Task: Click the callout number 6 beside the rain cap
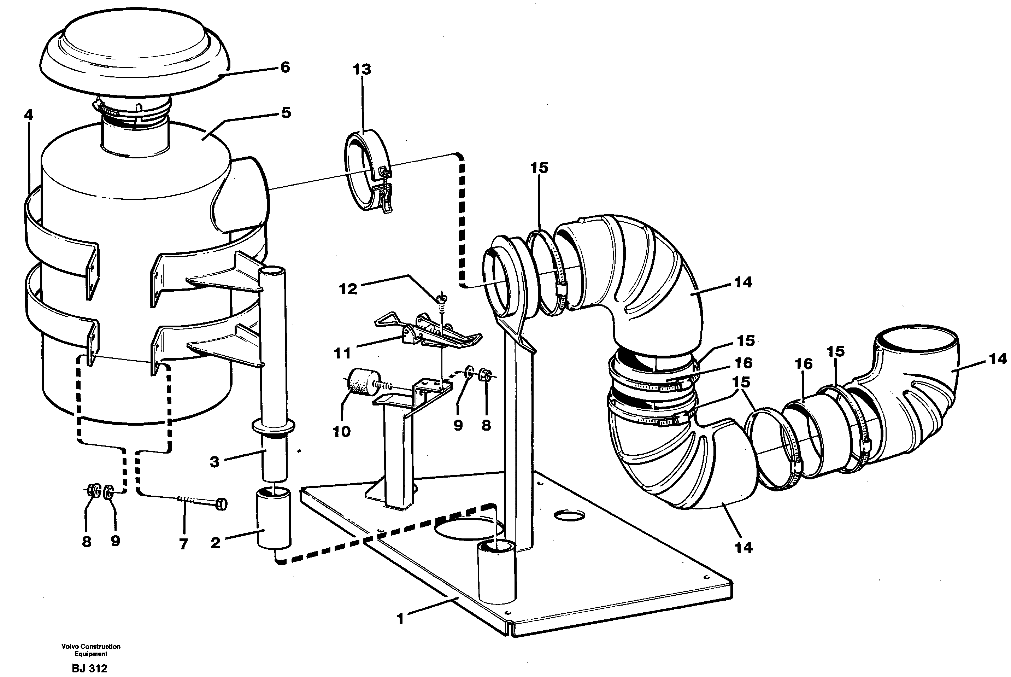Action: tap(285, 68)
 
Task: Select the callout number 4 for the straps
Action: tap(29, 115)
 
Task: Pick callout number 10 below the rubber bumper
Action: tap(341, 431)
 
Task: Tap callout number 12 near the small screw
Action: tap(348, 289)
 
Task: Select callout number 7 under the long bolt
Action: tap(183, 544)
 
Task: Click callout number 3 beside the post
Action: tap(214, 462)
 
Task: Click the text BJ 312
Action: tap(89, 669)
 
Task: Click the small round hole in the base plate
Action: tap(569, 515)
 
